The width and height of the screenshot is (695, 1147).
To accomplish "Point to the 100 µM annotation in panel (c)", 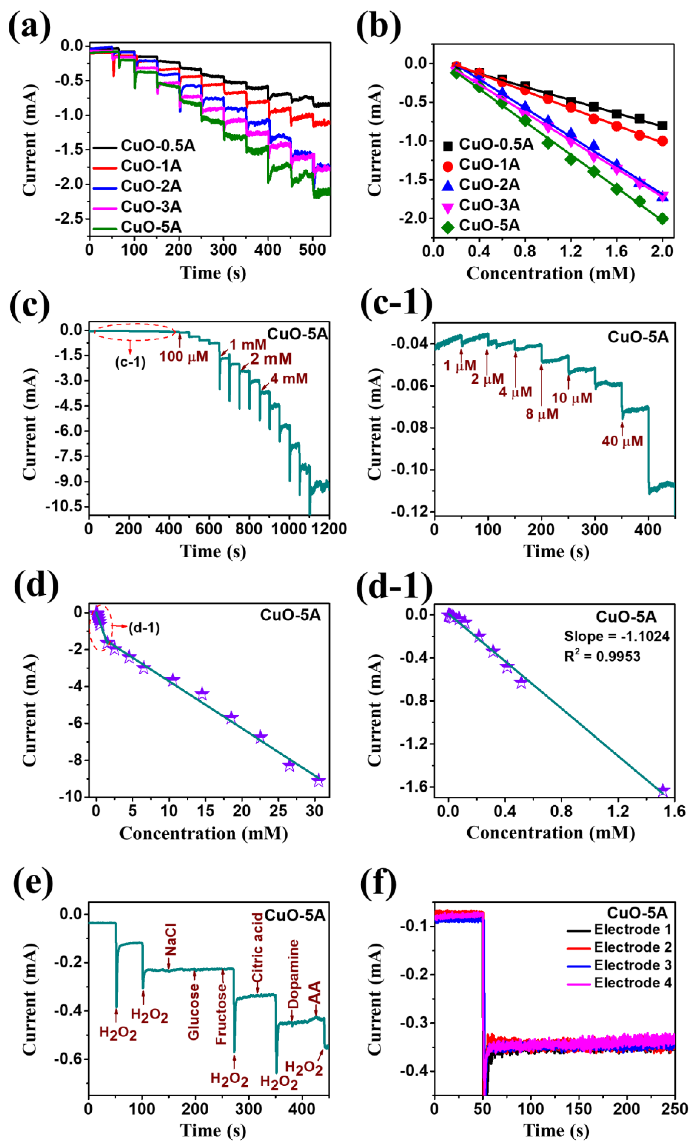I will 184,357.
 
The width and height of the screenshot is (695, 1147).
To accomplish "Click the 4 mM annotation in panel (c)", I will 289,379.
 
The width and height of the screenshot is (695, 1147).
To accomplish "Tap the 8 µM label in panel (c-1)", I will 542,413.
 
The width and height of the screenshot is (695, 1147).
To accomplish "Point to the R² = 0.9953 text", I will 602,656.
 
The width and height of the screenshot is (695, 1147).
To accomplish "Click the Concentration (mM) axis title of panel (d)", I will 204,833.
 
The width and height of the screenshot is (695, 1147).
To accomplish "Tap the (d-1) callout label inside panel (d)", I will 144,628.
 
